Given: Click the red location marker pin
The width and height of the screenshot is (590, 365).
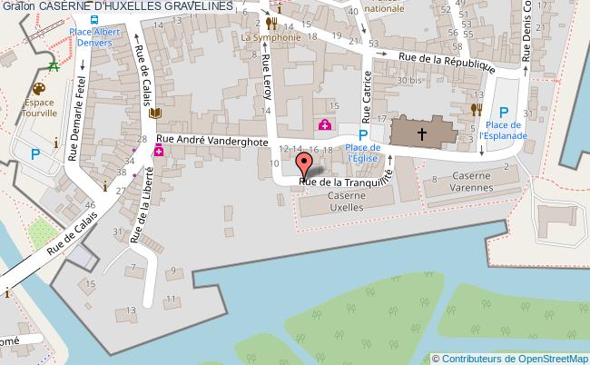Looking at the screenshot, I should (x=305, y=163).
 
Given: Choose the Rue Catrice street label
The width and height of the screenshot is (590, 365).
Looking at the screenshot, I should (x=368, y=95).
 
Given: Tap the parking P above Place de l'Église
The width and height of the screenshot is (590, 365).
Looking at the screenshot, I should (x=363, y=133).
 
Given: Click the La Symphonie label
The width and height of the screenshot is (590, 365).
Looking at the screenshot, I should (x=271, y=38).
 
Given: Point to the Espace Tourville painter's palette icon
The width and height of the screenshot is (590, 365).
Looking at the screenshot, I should (x=38, y=89).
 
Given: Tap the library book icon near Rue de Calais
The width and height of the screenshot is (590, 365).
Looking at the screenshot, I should (x=154, y=113).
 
